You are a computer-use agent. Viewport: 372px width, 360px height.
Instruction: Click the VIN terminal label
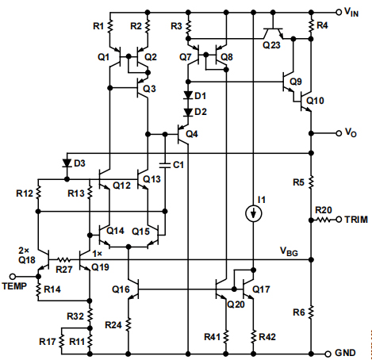(x=351, y=12)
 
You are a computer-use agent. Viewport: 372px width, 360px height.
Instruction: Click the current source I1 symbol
(x=253, y=213)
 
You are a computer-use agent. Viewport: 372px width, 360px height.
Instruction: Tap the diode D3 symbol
(x=65, y=164)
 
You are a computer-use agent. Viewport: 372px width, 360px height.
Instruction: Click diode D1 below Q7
(x=189, y=96)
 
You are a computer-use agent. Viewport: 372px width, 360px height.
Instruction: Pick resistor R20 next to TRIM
(x=324, y=220)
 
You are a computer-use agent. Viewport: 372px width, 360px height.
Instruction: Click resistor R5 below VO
(x=312, y=183)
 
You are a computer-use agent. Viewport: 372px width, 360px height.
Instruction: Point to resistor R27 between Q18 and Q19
(x=65, y=259)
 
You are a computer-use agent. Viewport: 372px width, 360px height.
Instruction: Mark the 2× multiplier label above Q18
(x=25, y=248)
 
